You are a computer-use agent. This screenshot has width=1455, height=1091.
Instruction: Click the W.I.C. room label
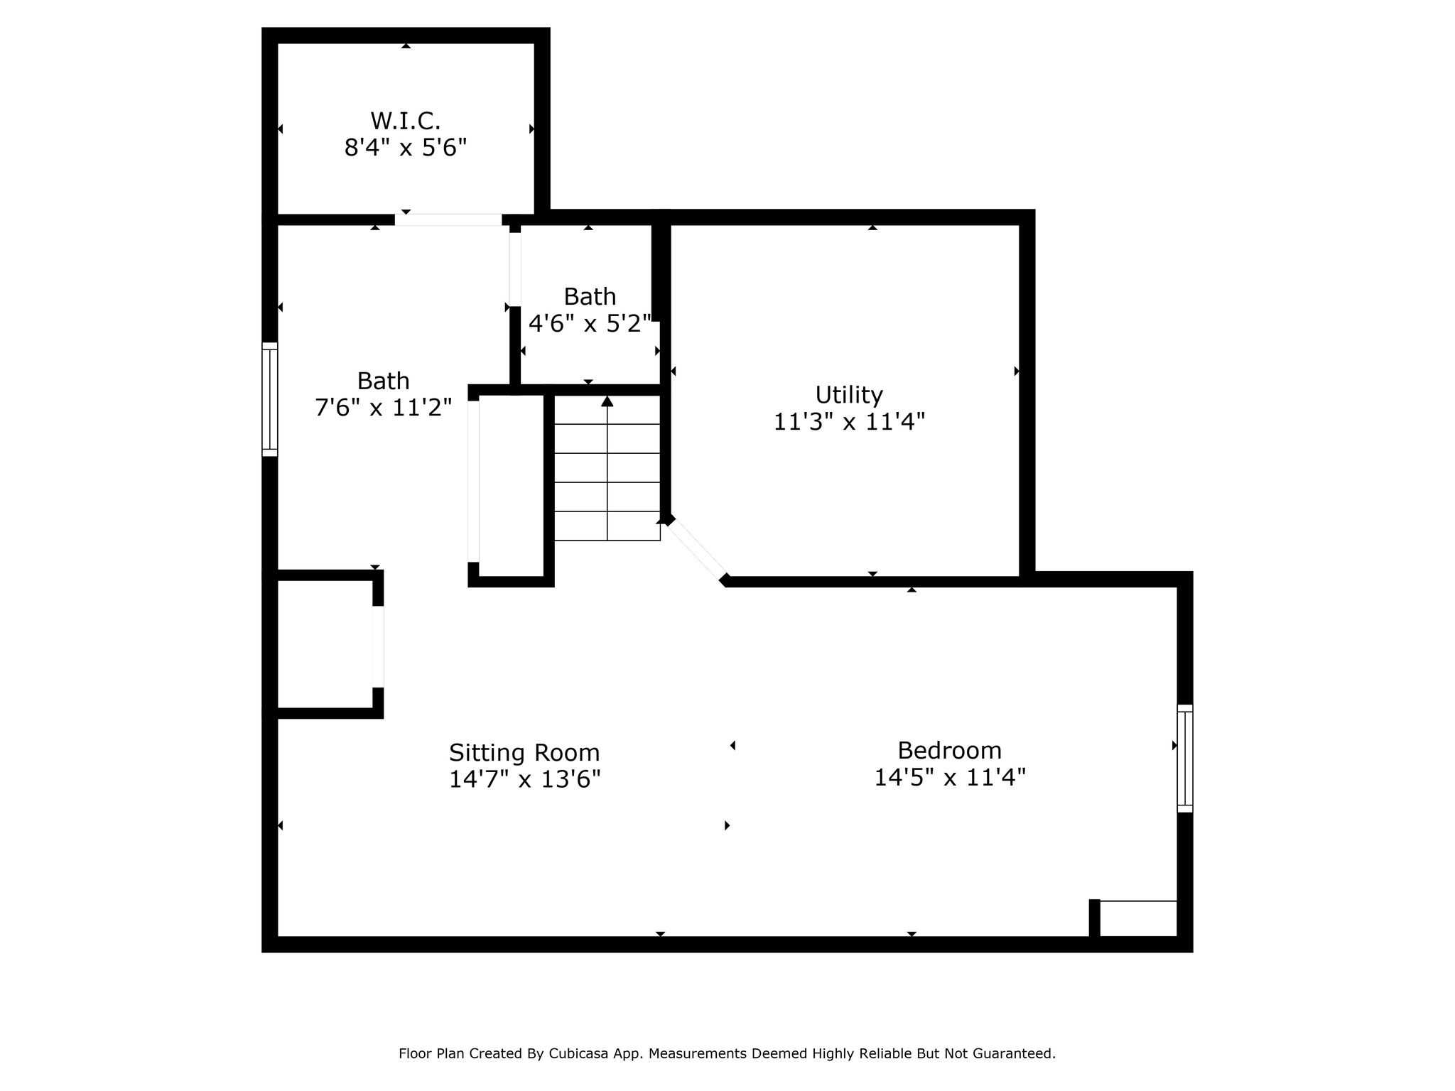[x=405, y=120]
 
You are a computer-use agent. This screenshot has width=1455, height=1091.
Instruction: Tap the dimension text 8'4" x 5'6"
[x=405, y=148]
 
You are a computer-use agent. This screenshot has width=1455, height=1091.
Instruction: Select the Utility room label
[x=849, y=394]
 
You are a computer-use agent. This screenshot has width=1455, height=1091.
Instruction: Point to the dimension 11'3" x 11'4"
[x=849, y=422]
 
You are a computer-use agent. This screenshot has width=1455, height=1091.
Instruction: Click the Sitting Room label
[x=524, y=752]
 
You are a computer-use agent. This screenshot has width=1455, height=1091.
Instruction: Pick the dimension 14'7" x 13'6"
[x=524, y=779]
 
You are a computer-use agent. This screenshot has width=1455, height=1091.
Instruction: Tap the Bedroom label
[x=949, y=750]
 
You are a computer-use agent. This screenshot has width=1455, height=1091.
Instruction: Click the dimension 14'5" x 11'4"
[x=949, y=777]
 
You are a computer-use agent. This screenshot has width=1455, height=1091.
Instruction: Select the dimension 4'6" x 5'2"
[x=590, y=324]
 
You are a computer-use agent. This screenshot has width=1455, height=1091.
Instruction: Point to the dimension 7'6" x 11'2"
[x=383, y=408]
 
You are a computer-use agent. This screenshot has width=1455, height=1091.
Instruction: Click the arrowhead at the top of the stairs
[x=607, y=401]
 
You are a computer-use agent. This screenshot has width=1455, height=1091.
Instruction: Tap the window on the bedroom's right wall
[x=1185, y=758]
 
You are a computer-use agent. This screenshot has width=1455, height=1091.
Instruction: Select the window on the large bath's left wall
[x=270, y=399]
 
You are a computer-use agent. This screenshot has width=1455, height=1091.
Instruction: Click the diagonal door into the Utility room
[x=696, y=549]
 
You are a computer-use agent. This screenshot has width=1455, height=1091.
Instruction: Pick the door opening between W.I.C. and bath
[x=448, y=219]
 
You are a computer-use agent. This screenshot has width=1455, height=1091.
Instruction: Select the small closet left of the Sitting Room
[x=325, y=644]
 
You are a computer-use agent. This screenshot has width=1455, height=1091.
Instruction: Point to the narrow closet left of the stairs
[x=512, y=487]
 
